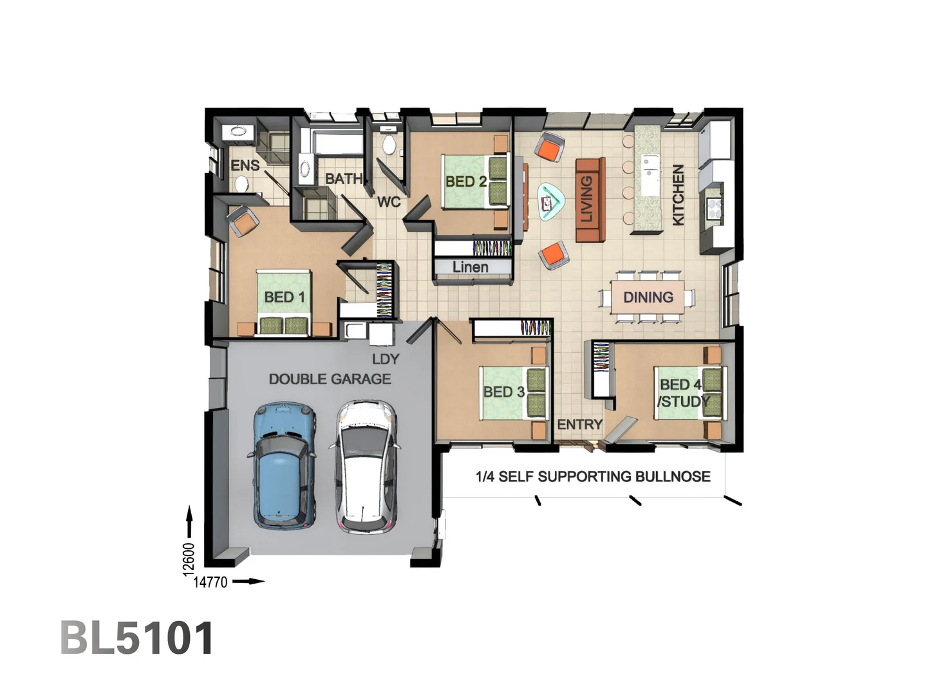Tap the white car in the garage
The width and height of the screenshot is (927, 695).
tap(366, 467)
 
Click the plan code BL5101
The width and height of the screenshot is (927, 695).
tap(137, 638)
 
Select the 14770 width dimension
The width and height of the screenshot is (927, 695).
tap(211, 582)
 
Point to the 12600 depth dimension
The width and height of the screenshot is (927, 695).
tap(188, 559)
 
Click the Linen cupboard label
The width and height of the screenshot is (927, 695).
tap(470, 266)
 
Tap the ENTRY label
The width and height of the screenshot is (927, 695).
tap(579, 424)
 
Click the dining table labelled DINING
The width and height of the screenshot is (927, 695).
tap(648, 297)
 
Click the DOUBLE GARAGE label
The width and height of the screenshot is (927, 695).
tap(330, 379)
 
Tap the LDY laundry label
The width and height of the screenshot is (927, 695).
tap(385, 358)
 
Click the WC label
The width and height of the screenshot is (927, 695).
tap(389, 202)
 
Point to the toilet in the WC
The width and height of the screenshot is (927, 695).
tap(388, 144)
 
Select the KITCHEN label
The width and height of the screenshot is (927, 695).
tap(678, 194)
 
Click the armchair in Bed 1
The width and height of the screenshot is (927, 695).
tap(243, 221)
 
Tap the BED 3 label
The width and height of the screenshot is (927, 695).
tap(504, 391)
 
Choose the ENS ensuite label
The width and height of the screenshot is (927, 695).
tap(245, 165)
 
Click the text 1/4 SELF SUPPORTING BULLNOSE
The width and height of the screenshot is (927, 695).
tap(593, 476)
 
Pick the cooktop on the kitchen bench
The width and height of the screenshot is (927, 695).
tap(715, 207)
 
